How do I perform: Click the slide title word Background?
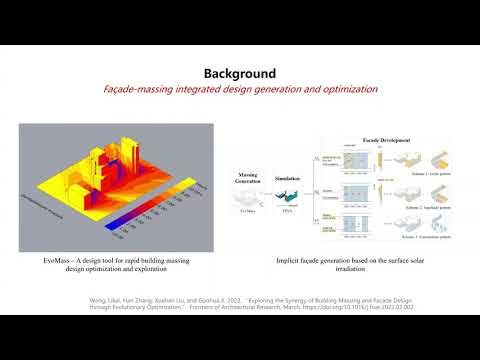239,73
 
